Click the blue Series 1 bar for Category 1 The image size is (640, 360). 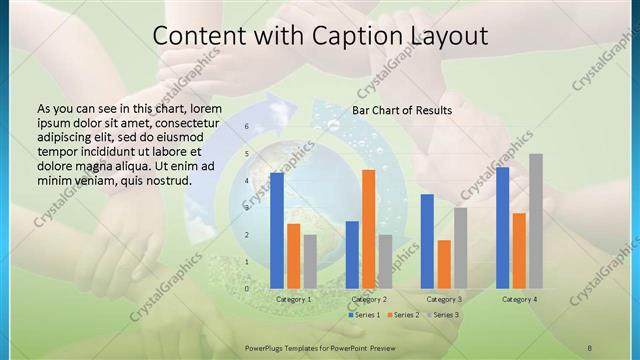277,231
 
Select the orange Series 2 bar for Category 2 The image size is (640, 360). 369,229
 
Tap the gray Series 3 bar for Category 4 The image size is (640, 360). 536,221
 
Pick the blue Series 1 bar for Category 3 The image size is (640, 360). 427,241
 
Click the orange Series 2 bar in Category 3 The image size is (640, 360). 444,264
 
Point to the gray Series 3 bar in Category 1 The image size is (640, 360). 310,262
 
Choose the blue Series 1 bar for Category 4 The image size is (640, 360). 502,228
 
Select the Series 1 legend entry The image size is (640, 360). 364,315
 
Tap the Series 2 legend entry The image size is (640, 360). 403,315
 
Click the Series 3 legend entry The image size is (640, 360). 443,315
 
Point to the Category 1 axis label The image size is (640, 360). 294,299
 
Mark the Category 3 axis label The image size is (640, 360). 444,299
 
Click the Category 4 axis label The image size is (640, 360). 519,299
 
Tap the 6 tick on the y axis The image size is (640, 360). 246,128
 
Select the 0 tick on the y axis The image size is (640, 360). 246,289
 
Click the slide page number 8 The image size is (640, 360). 590,347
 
